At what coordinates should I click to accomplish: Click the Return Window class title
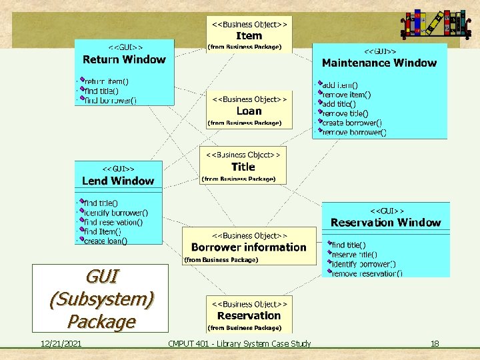123,59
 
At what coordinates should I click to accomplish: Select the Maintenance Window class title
379,63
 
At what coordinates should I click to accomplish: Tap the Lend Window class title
117,181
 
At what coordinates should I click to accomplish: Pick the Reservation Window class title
385,223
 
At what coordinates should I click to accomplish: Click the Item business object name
249,36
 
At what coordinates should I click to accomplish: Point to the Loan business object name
249,111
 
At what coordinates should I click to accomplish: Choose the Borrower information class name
249,247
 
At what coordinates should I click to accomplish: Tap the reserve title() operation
354,255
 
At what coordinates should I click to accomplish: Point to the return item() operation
106,82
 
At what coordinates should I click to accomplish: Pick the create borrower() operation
351,123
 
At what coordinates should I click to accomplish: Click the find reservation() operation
113,222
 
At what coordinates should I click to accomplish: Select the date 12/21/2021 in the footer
61,343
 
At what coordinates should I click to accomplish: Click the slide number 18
434,343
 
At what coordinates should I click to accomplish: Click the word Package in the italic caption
101,321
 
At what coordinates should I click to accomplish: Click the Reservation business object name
249,316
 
